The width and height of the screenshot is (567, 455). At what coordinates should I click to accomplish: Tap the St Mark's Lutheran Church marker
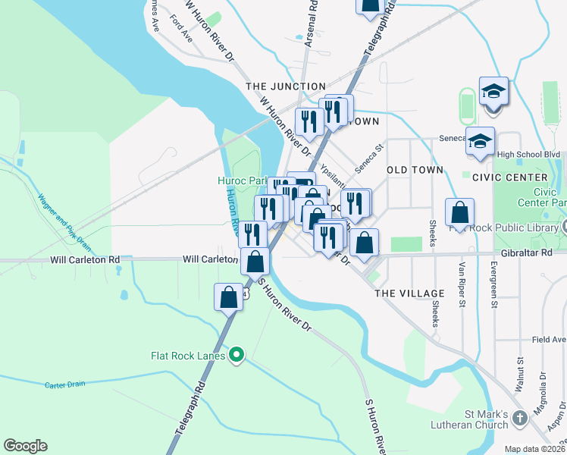519,418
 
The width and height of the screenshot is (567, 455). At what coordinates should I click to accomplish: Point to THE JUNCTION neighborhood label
286,86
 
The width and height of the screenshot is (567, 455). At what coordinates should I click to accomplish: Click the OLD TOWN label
415,170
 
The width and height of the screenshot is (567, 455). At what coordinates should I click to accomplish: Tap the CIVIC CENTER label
509,177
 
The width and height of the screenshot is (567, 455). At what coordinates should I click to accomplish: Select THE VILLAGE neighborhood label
409,293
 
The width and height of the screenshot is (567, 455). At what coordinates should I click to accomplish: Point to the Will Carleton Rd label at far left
85,259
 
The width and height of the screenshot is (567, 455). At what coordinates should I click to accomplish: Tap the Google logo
25,445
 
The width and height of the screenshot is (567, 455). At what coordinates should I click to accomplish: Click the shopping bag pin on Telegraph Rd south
228,297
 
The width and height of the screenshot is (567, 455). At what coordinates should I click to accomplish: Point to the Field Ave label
549,340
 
